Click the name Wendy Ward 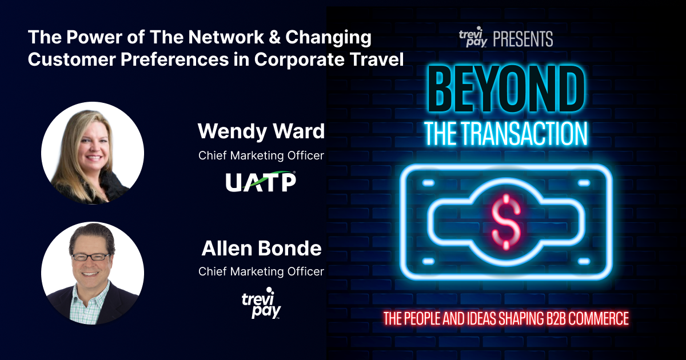click(x=261, y=131)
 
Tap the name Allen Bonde click(x=261, y=248)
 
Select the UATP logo click(x=261, y=182)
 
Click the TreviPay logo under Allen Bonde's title click(x=261, y=303)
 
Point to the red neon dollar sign click(x=506, y=222)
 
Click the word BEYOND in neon click(x=506, y=89)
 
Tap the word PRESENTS click(x=523, y=39)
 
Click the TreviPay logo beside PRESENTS click(x=473, y=37)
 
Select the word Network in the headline click(x=226, y=37)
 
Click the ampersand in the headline click(x=274, y=37)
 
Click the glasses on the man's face click(x=91, y=257)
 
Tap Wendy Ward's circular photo click(x=93, y=153)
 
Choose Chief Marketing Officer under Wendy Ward click(x=261, y=155)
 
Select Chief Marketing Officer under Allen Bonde click(x=261, y=271)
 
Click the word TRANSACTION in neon click(x=524, y=134)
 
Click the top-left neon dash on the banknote click(x=428, y=183)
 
